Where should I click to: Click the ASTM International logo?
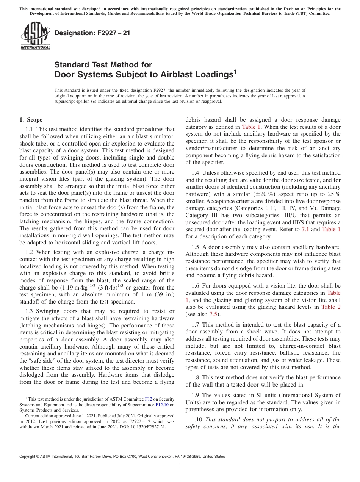coord(35,36)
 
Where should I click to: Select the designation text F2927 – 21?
coord(92,33)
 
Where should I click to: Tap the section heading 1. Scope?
coord(31,120)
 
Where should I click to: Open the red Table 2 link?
coord(331,307)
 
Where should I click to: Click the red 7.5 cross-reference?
coord(214,314)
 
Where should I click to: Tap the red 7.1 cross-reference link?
coord(305,229)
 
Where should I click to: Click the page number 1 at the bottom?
coord(180,466)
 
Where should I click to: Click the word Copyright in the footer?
coord(29,457)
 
